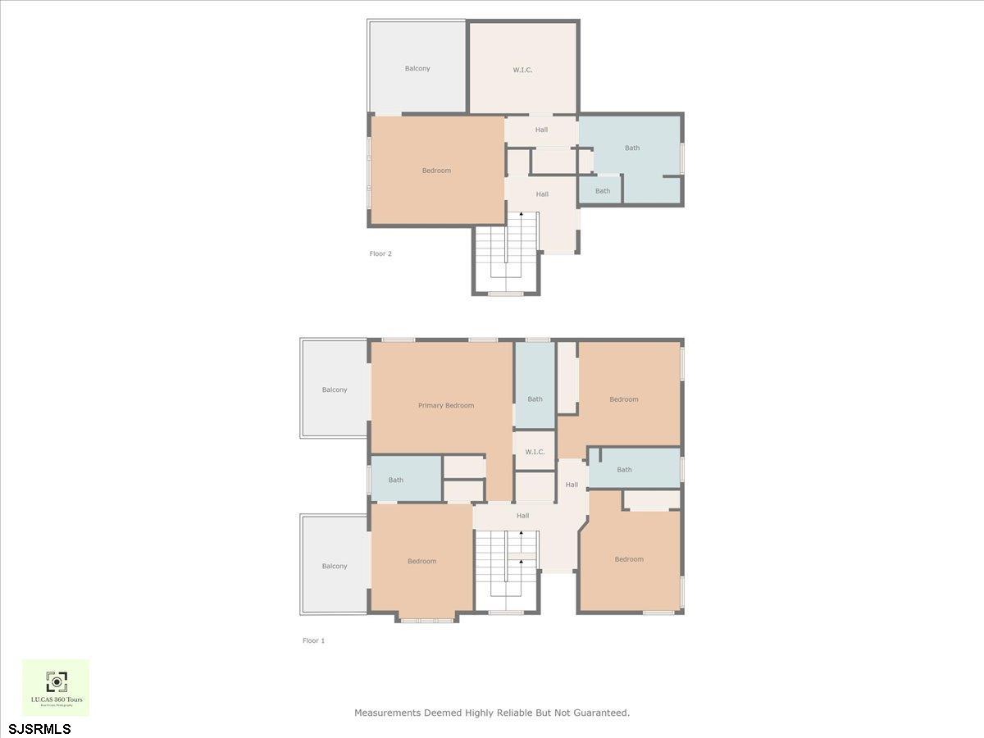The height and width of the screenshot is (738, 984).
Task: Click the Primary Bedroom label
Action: (x=446, y=405)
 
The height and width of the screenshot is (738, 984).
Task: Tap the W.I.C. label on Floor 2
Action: (x=522, y=70)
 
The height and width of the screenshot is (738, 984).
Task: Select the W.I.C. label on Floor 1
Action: (x=535, y=452)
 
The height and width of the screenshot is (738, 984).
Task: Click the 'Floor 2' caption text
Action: (x=380, y=253)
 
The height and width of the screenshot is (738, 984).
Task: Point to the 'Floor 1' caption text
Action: (x=313, y=640)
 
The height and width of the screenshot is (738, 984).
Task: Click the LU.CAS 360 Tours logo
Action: (x=56, y=687)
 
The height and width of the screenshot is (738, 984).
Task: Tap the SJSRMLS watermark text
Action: (x=39, y=728)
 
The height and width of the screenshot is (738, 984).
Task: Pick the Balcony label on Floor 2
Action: (x=417, y=68)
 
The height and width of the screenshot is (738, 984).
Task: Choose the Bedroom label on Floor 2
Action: (x=436, y=171)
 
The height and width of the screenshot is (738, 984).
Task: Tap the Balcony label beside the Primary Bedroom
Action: (x=335, y=389)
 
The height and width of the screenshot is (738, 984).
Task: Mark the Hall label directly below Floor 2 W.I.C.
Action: (x=541, y=130)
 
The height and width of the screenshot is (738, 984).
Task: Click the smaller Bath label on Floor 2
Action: (x=603, y=191)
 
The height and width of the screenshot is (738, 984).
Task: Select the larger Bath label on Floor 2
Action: (x=632, y=148)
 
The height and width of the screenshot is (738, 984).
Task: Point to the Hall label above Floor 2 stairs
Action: (x=542, y=194)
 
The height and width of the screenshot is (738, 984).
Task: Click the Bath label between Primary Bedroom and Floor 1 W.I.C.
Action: (x=535, y=399)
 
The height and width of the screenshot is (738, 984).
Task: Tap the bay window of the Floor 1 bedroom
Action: (x=426, y=620)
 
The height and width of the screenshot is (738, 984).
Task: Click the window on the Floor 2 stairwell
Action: (x=505, y=294)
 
